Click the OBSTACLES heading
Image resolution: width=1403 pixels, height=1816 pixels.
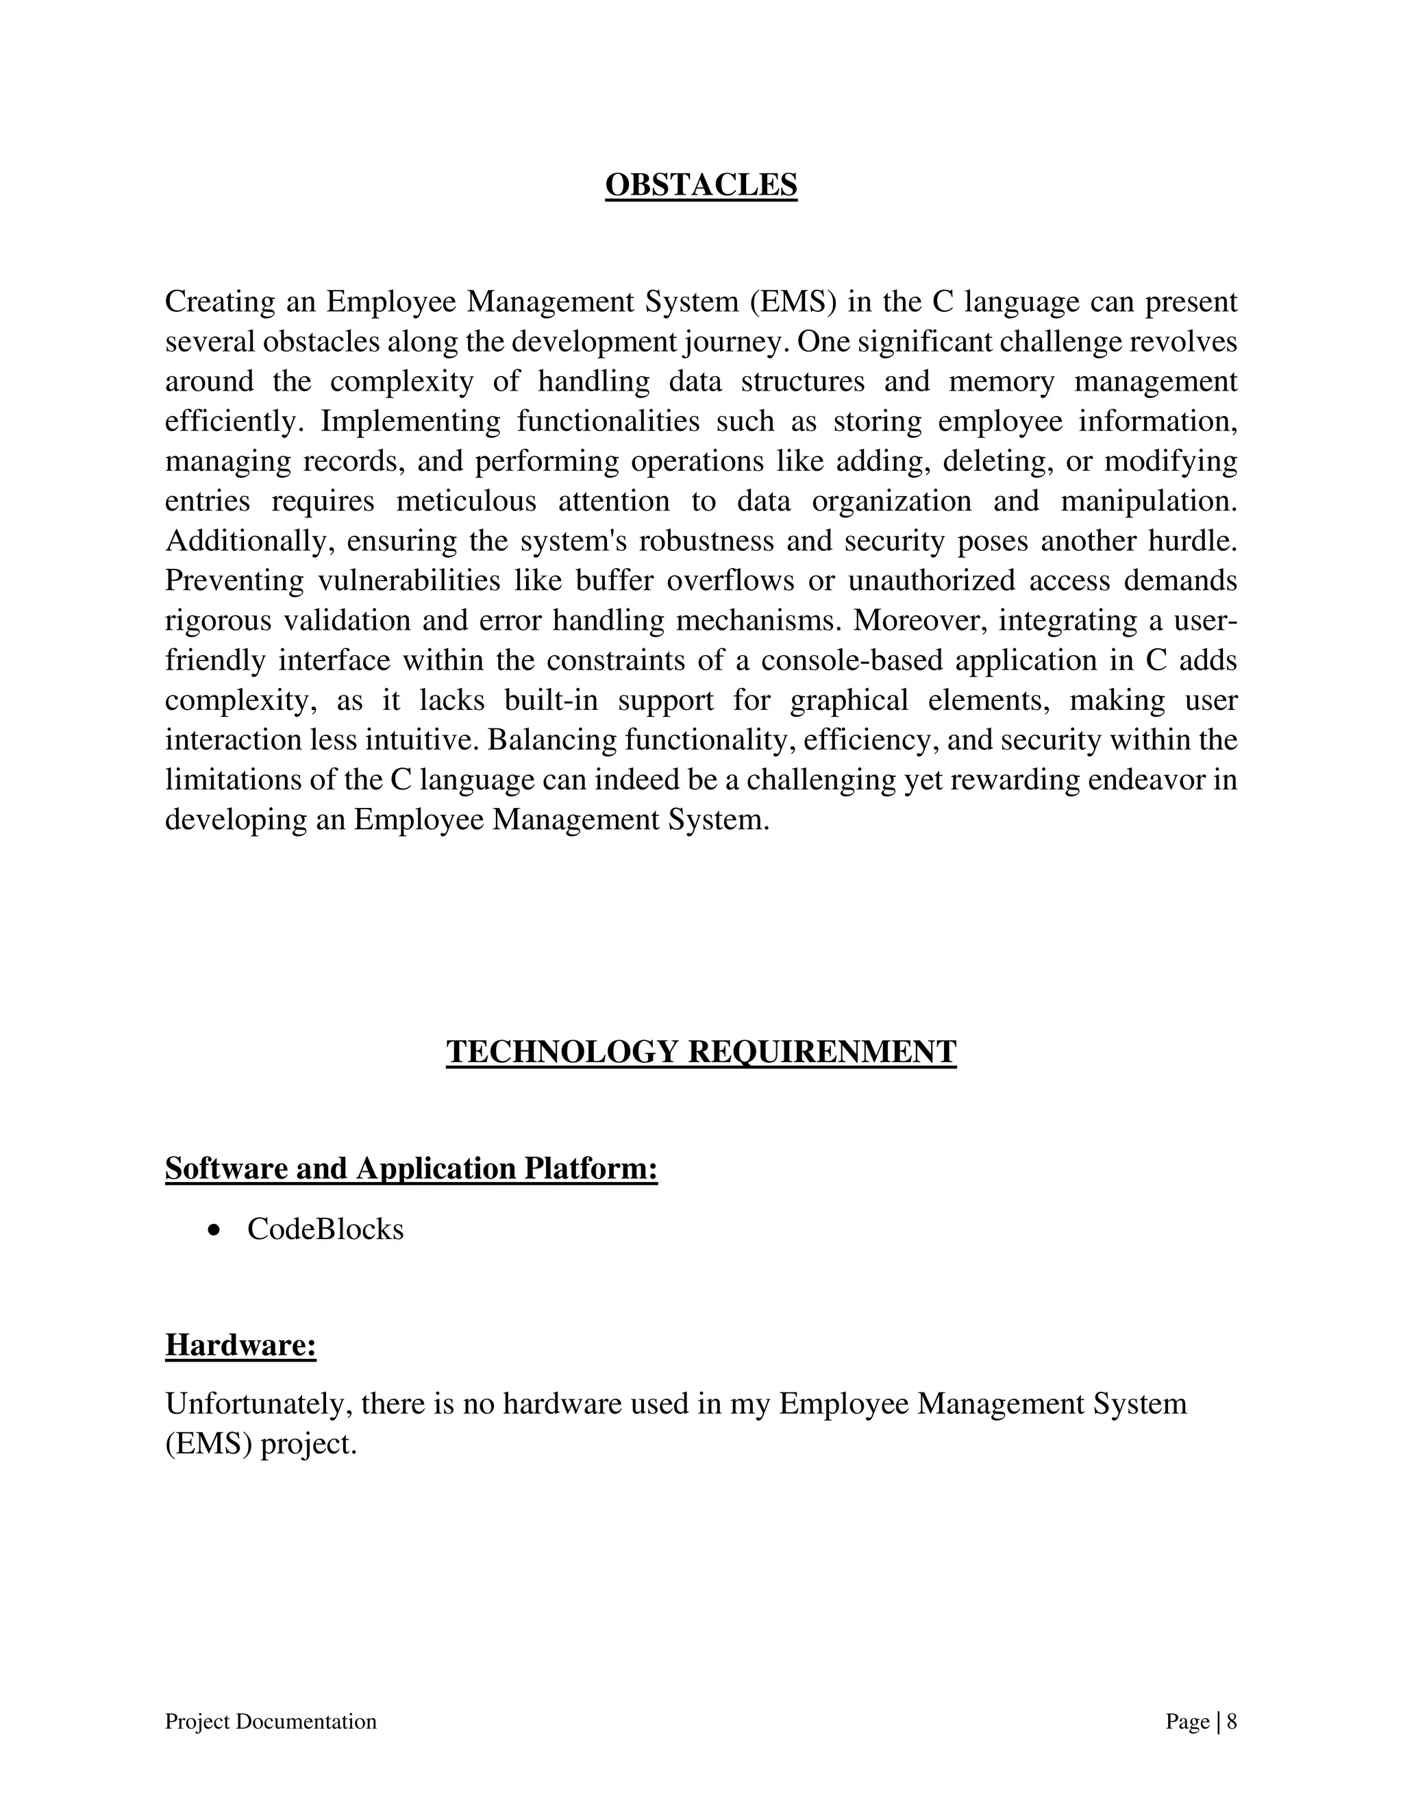[701, 184]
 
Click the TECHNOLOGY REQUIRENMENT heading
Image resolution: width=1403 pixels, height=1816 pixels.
[701, 1052]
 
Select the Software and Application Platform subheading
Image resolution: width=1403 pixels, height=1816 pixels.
[412, 1168]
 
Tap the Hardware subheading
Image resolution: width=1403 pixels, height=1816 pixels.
[241, 1345]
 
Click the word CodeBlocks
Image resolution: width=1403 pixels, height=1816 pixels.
[325, 1229]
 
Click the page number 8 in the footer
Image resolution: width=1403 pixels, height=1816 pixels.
[1232, 1721]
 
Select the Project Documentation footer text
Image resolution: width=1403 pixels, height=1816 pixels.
[271, 1721]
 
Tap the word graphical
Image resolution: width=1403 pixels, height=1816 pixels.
[849, 700]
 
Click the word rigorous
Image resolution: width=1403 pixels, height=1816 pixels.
[218, 620]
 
